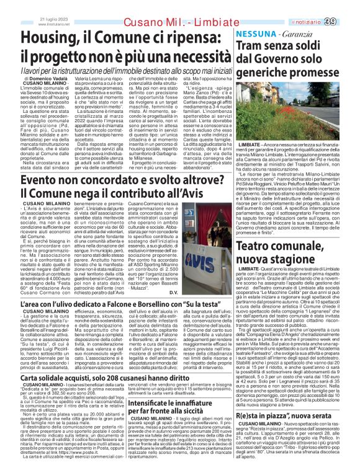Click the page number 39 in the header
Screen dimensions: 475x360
(x=346, y=22)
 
